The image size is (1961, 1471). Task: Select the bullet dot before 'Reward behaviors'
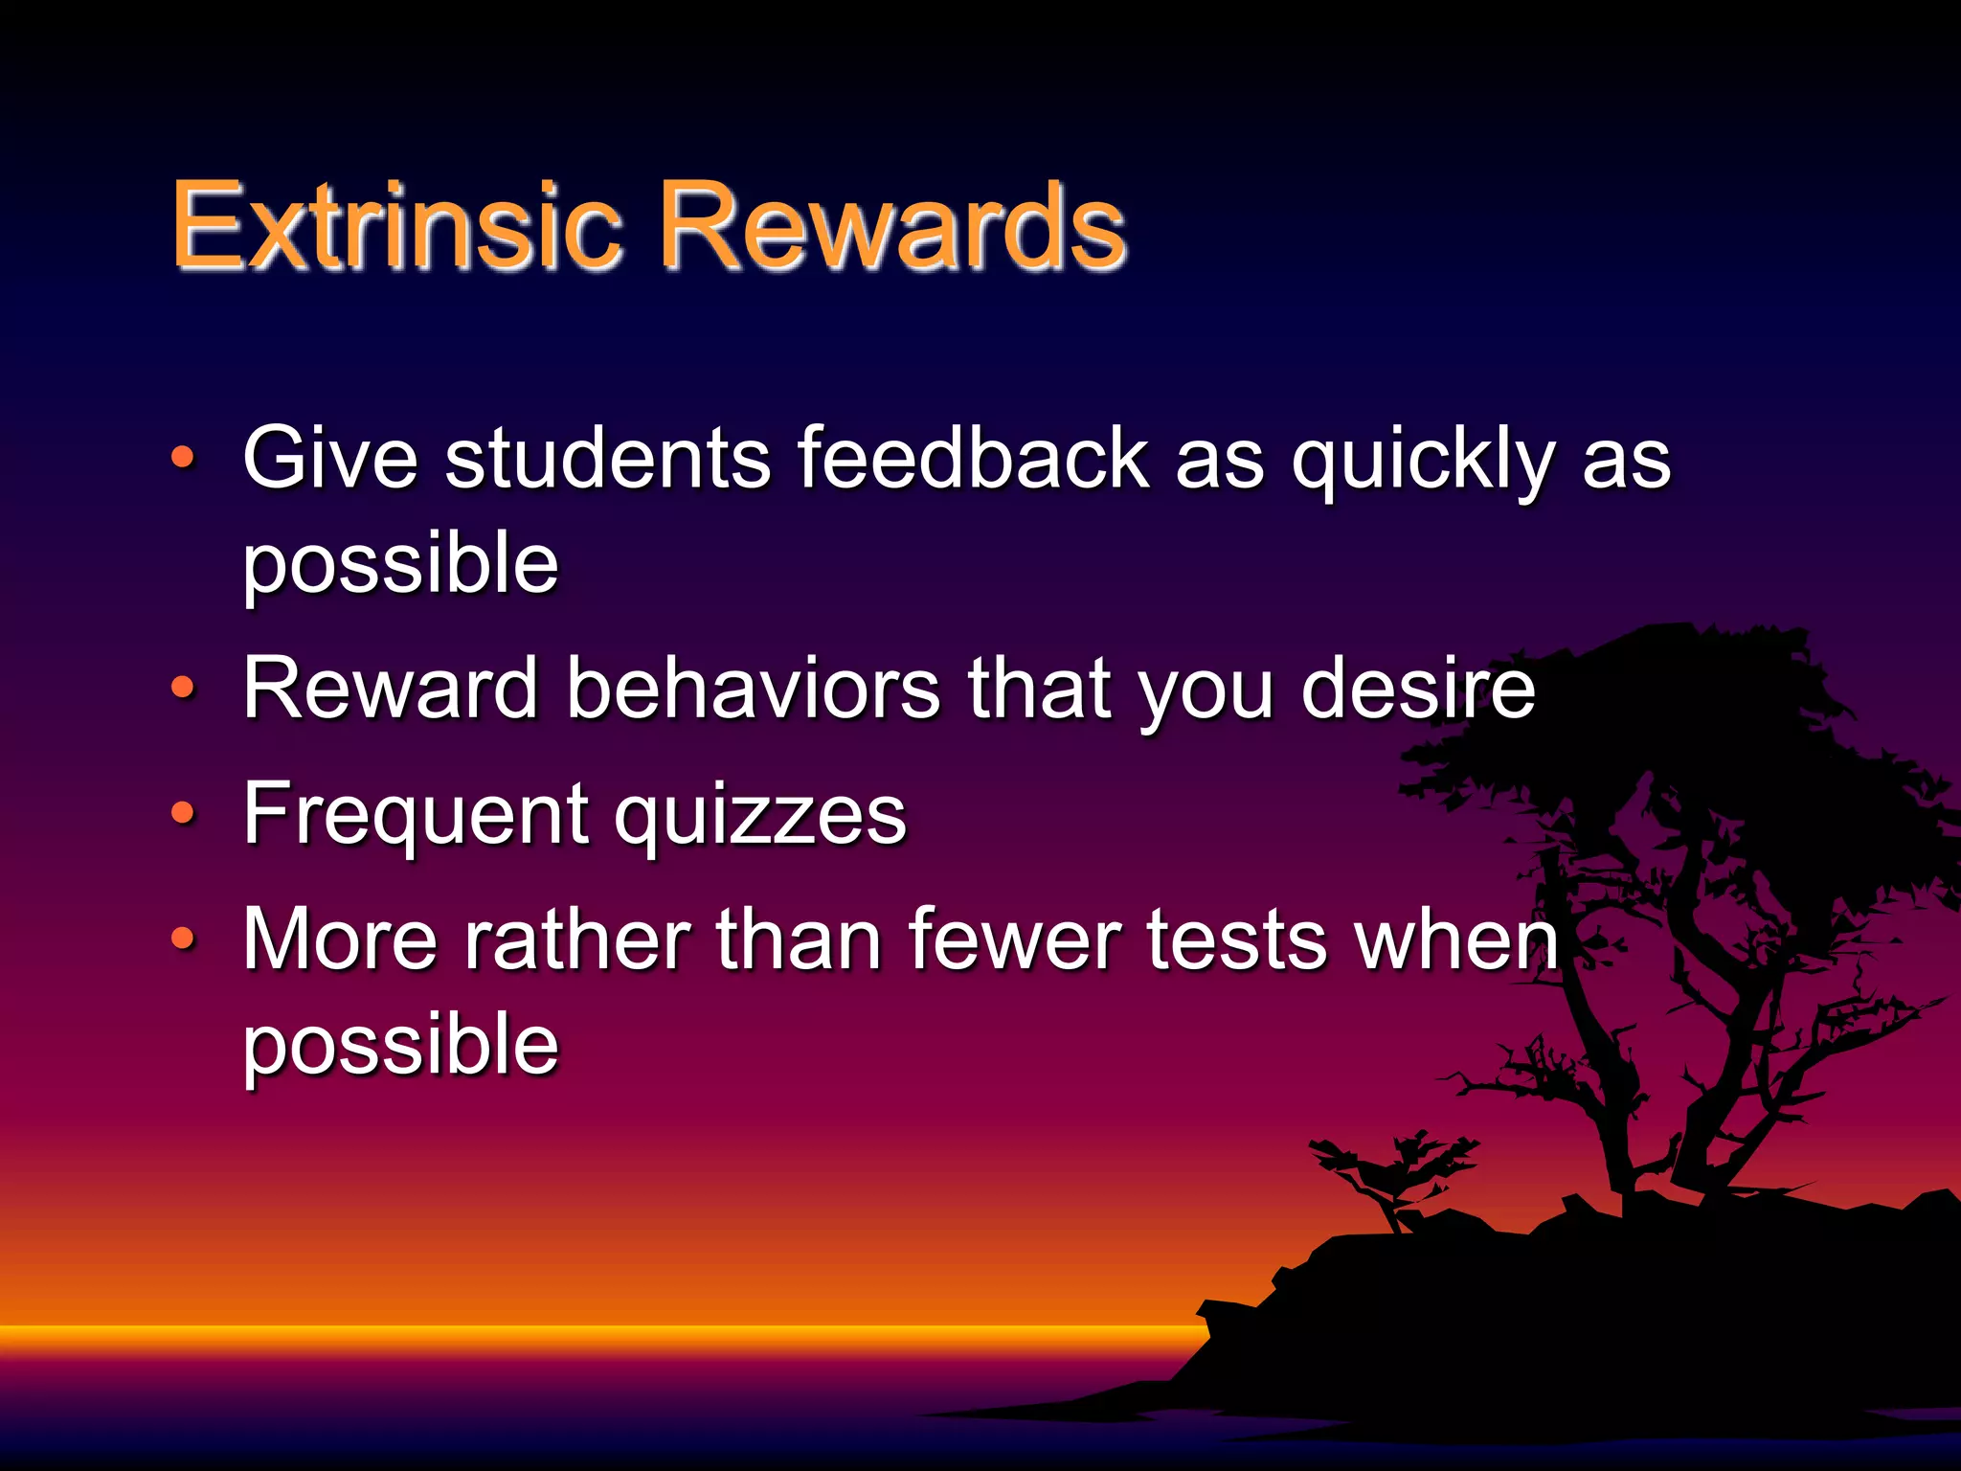[183, 687]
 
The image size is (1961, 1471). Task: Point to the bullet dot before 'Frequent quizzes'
[183, 813]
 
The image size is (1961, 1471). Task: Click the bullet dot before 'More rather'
[183, 939]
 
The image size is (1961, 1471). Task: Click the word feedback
[971, 458]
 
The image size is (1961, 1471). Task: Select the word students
[607, 458]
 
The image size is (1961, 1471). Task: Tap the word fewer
[1014, 940]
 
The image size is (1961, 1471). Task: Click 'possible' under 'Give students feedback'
[400, 565]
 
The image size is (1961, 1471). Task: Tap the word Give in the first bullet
[330, 458]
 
